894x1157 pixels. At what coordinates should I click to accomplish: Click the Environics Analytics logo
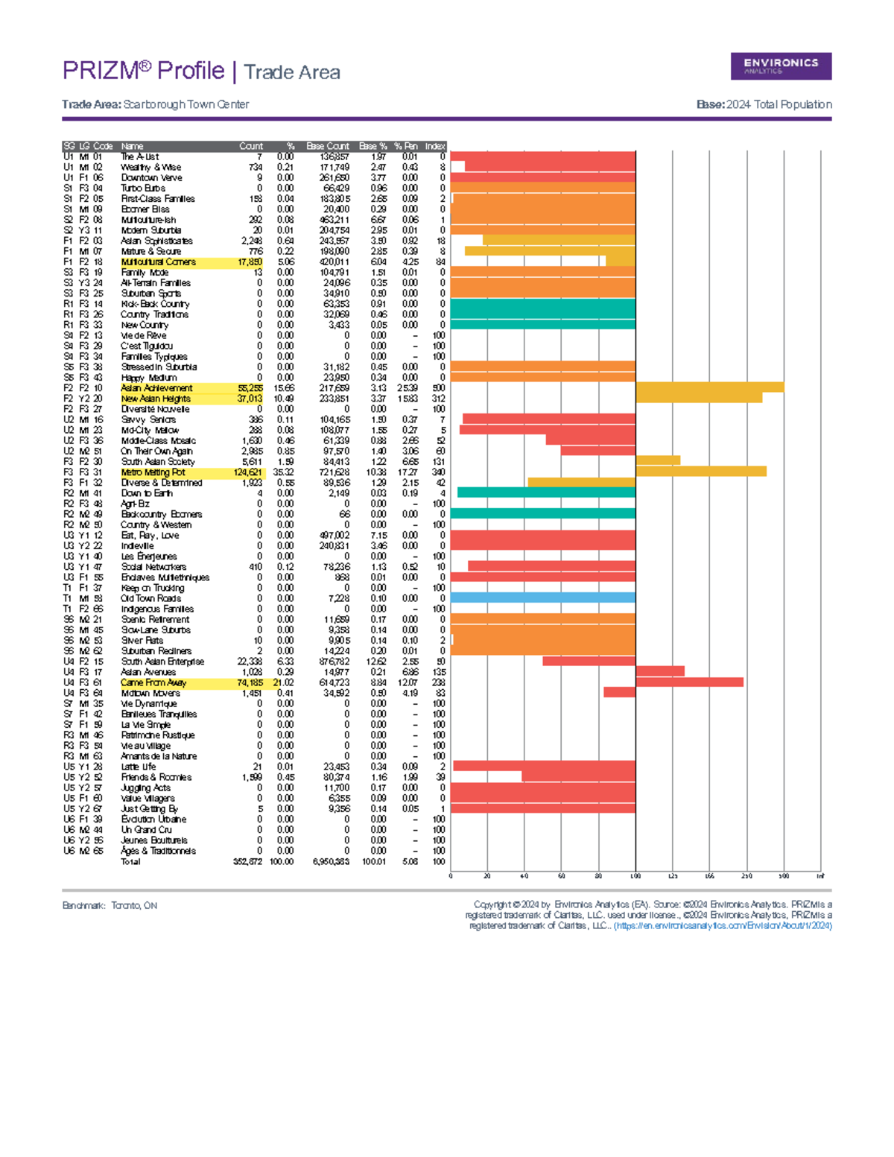[781, 66]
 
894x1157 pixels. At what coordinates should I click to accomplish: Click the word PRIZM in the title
[101, 71]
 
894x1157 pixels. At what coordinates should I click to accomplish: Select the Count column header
[251, 146]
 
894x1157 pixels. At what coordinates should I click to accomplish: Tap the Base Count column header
[328, 146]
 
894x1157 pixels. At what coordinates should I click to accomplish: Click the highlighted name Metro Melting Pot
[153, 472]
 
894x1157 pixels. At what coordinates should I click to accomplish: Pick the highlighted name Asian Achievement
[156, 388]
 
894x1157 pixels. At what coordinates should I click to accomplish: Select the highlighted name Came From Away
[153, 682]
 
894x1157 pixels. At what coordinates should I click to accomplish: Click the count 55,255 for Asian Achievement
[250, 388]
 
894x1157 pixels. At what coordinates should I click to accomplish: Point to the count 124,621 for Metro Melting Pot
[248, 472]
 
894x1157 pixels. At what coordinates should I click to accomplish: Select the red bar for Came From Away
[689, 682]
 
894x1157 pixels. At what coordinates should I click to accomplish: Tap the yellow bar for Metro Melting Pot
[700, 472]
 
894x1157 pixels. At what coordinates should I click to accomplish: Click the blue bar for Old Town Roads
[543, 597]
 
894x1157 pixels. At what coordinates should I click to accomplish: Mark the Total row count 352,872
[248, 861]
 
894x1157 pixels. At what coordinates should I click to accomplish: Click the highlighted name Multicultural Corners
[158, 262]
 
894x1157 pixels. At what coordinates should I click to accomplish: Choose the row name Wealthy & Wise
[150, 168]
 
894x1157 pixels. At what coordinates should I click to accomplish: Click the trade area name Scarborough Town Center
[186, 104]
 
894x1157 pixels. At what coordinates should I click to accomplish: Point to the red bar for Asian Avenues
[659, 671]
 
